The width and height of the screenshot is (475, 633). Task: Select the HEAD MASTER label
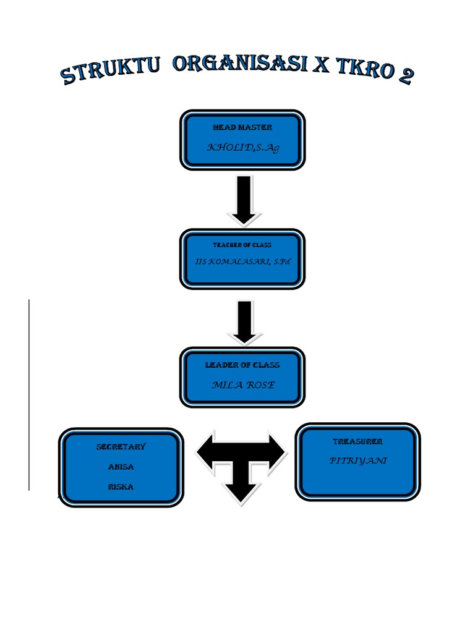click(242, 127)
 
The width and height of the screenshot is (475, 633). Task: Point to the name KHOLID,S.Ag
click(242, 148)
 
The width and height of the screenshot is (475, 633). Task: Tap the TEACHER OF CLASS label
click(242, 245)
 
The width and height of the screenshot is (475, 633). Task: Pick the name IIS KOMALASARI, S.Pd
click(242, 262)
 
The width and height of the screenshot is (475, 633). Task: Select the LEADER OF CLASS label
click(242, 365)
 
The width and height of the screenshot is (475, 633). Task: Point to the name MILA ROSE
click(242, 385)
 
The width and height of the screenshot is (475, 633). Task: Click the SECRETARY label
click(121, 446)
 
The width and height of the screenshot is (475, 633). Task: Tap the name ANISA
click(121, 467)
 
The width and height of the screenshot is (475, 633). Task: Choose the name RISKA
click(121, 487)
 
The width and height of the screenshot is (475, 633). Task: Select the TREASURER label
click(357, 441)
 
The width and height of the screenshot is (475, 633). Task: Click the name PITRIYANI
click(357, 461)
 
